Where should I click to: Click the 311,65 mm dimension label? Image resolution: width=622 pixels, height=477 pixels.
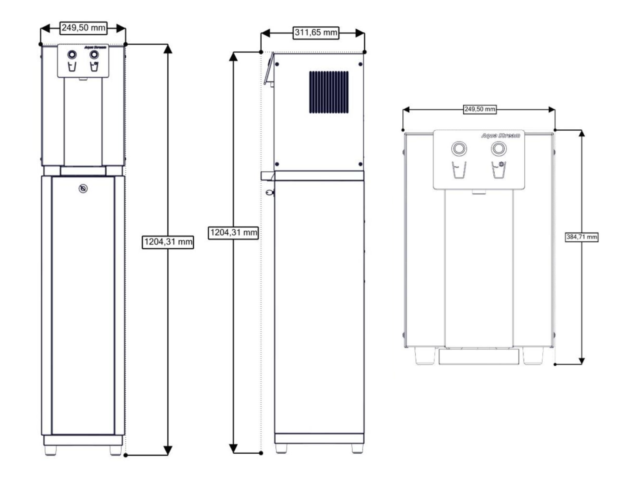pyautogui.click(x=316, y=33)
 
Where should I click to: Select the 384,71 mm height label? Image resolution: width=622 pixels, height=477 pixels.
pyautogui.click(x=582, y=237)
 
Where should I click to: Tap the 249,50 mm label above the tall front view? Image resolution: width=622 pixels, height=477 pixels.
pyautogui.click(x=83, y=28)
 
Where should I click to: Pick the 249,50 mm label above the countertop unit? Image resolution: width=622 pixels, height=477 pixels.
pyautogui.click(x=480, y=109)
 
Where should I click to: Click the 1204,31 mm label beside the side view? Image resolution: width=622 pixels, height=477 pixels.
pyautogui.click(x=233, y=233)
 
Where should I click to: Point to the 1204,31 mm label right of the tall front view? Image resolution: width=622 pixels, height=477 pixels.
pyautogui.click(x=168, y=242)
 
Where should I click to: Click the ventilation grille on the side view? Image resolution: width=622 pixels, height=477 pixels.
pyautogui.click(x=329, y=92)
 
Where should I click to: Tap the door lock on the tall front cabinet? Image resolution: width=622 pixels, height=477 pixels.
pyautogui.click(x=83, y=189)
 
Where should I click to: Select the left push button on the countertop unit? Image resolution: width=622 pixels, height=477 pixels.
pyautogui.click(x=459, y=149)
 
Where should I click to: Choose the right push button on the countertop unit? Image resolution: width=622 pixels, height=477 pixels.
pyautogui.click(x=499, y=149)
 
